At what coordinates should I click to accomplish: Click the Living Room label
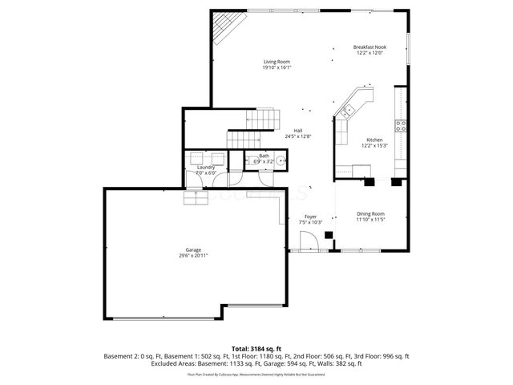click(277, 62)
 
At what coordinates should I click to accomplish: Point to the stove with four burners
click(400, 126)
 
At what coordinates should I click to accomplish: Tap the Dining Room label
click(371, 213)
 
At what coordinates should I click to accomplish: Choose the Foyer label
click(310, 216)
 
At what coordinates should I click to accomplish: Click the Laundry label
click(206, 167)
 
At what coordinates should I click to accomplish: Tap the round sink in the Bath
click(281, 160)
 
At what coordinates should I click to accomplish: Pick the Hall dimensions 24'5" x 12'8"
click(297, 136)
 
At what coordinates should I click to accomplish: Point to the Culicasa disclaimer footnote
click(256, 374)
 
